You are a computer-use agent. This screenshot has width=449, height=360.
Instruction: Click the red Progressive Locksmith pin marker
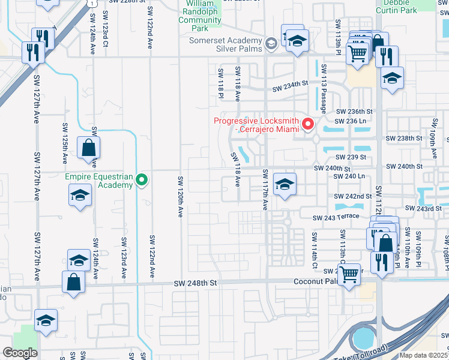tap(309, 124)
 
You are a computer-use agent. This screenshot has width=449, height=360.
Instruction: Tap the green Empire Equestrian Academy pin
tap(142, 179)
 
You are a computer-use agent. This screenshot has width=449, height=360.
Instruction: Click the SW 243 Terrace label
tap(336, 217)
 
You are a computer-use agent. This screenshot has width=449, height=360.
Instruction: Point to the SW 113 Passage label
tap(324, 88)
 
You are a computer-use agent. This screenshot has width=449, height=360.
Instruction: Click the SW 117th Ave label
tap(265, 190)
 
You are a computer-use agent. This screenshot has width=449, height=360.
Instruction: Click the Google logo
tap(20, 352)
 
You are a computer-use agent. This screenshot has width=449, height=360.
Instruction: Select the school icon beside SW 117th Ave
tap(285, 184)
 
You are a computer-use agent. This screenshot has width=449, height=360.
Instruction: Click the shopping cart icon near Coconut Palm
tap(348, 275)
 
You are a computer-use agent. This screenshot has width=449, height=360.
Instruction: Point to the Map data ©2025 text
tap(423, 355)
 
